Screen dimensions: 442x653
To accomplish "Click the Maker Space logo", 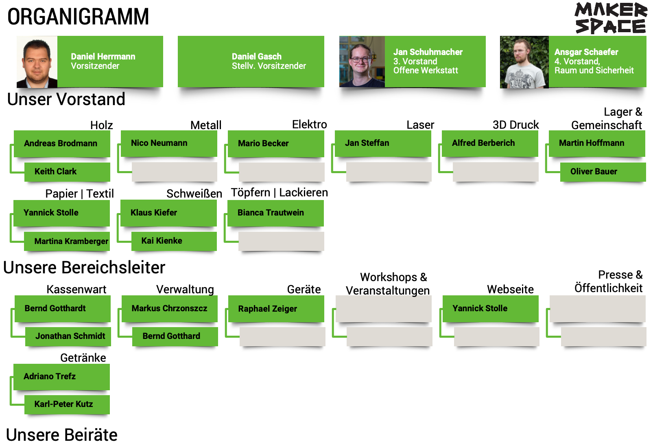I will click(610, 18).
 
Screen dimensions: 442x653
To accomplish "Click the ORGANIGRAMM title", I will click(78, 17).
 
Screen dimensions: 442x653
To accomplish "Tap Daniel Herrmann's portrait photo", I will click(37, 62).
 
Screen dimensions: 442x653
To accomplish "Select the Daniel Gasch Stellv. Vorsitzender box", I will click(251, 62).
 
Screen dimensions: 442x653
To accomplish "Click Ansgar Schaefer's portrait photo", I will click(524, 62).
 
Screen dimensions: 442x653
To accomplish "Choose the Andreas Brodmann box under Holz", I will click(62, 143).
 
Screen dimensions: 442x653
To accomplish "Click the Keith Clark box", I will click(67, 172).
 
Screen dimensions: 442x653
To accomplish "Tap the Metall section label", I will click(206, 125).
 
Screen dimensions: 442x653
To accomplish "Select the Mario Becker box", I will click(276, 143).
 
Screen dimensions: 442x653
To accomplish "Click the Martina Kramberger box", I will click(67, 241).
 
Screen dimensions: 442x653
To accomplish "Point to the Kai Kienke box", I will click(174, 241).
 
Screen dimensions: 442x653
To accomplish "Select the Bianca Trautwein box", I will click(275, 213).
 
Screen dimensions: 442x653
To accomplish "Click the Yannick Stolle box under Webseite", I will click(490, 308).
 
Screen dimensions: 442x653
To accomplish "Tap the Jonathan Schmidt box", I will click(68, 336).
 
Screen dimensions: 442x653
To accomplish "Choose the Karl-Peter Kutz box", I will click(67, 404).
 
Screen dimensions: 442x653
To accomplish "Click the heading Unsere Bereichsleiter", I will click(84, 268).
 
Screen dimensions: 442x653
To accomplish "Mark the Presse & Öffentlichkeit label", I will click(608, 281).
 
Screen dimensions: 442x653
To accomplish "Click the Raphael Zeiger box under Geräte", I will click(276, 309).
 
